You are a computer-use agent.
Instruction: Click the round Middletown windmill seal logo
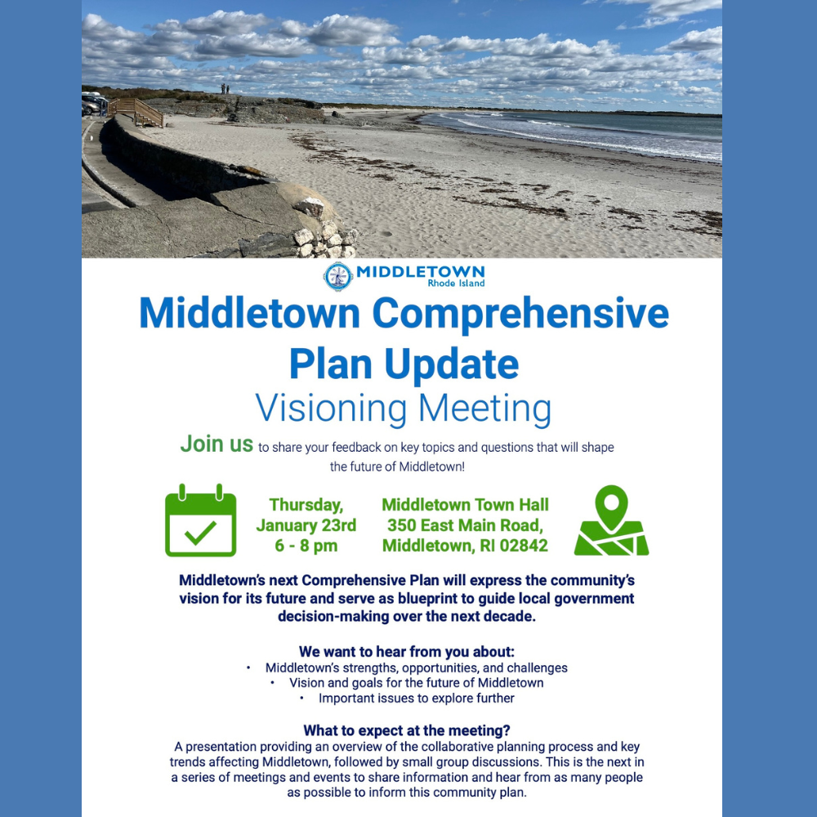pyautogui.click(x=338, y=276)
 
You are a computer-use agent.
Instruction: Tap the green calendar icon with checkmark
pyautogui.click(x=201, y=520)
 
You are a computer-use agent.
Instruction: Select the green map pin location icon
pyautogui.click(x=611, y=520)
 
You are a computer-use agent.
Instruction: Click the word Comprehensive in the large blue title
pyautogui.click(x=520, y=314)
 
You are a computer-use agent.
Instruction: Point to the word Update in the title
pyautogui.click(x=452, y=364)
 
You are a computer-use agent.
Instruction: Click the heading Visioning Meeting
pyautogui.click(x=404, y=408)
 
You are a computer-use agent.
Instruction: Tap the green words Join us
pyautogui.click(x=217, y=444)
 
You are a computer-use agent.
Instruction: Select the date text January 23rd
pyautogui.click(x=306, y=525)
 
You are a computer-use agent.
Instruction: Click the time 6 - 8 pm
pyautogui.click(x=306, y=546)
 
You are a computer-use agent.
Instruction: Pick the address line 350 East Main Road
pyautogui.click(x=465, y=525)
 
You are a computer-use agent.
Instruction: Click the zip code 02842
pyautogui.click(x=524, y=546)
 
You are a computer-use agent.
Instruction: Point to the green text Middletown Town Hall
pyautogui.click(x=466, y=504)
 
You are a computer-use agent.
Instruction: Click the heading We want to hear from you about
pyautogui.click(x=406, y=652)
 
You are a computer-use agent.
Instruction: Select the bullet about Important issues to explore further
pyautogui.click(x=417, y=699)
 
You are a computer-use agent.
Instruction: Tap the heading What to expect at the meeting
pyautogui.click(x=406, y=730)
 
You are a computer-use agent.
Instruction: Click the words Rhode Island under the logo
pyautogui.click(x=456, y=283)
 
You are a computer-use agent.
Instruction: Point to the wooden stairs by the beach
pyautogui.click(x=136, y=112)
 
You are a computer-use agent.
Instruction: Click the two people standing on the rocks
pyautogui.click(x=225, y=89)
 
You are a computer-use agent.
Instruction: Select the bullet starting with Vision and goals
pyautogui.click(x=417, y=682)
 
